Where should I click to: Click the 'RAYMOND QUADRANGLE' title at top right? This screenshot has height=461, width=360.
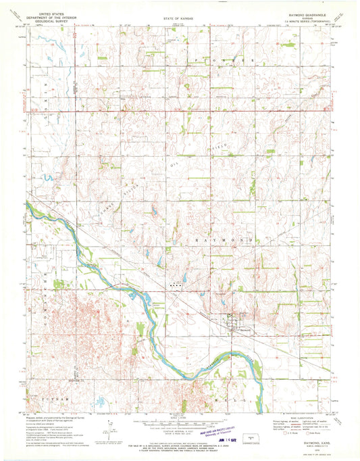[x=305, y=14]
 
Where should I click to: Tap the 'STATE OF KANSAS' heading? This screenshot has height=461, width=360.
[x=178, y=14]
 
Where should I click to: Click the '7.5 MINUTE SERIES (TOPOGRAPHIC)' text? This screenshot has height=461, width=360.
[x=305, y=21]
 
